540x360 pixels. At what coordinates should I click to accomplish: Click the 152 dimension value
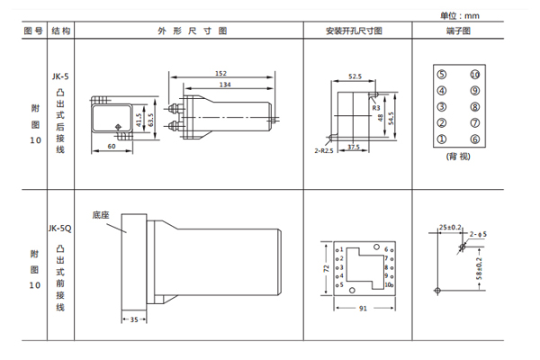click(220, 73)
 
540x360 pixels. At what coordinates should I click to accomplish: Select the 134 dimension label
click(220, 85)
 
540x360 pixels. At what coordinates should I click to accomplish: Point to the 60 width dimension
click(112, 145)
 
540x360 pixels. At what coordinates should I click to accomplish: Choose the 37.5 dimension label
click(354, 146)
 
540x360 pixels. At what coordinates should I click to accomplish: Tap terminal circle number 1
click(441, 139)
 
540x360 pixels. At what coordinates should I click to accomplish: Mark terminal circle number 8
click(475, 106)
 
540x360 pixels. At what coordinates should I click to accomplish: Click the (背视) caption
click(458, 156)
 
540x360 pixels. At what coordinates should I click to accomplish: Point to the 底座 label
click(101, 215)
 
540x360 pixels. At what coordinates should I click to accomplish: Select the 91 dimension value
click(363, 310)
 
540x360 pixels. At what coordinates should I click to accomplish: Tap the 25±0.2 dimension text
click(451, 226)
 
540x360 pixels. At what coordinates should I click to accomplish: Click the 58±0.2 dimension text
click(480, 268)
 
